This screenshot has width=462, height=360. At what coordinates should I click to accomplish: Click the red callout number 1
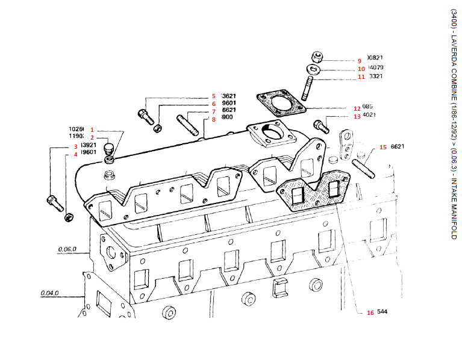click(92, 129)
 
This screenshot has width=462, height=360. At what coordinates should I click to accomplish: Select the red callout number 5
click(213, 96)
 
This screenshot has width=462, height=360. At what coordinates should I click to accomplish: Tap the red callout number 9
click(359, 61)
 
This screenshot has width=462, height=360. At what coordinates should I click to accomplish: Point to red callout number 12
click(357, 108)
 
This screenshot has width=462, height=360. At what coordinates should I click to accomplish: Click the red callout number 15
click(382, 147)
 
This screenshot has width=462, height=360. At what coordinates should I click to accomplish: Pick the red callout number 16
click(370, 312)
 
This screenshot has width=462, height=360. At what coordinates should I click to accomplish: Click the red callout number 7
click(213, 111)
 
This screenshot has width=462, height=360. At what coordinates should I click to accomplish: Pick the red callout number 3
click(76, 146)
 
